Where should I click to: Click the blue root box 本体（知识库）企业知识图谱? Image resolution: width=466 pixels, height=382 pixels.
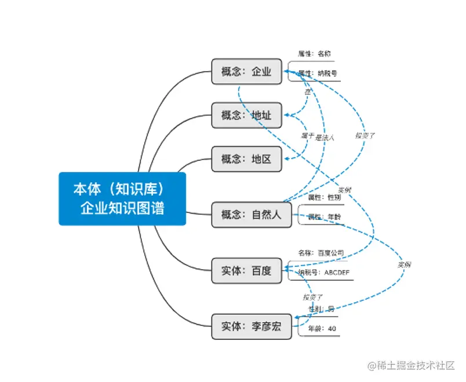(122, 199)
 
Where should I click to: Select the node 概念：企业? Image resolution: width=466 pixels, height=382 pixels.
(246, 72)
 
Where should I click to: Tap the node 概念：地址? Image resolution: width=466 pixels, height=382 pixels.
(246, 115)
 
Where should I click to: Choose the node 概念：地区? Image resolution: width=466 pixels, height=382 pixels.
(246, 159)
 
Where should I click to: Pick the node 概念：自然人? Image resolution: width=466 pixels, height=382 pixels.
(251, 215)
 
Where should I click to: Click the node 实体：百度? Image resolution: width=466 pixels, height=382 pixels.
(246, 270)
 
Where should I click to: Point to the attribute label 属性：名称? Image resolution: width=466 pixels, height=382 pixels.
(315, 54)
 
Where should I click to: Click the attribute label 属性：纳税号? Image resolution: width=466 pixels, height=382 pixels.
(318, 74)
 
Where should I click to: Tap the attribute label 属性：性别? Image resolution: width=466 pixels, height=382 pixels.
(324, 197)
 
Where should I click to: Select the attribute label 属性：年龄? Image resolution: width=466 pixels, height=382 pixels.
(324, 218)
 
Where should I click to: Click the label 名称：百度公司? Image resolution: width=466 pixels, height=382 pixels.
(321, 253)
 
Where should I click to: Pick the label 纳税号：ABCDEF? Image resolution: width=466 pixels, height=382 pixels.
(324, 272)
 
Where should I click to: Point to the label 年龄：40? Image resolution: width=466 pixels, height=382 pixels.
(322, 329)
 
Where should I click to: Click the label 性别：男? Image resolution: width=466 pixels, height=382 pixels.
(322, 309)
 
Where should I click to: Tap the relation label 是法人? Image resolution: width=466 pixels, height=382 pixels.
(325, 138)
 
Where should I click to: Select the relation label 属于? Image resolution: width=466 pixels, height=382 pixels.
(307, 135)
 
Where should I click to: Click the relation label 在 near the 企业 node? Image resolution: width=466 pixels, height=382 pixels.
(308, 91)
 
